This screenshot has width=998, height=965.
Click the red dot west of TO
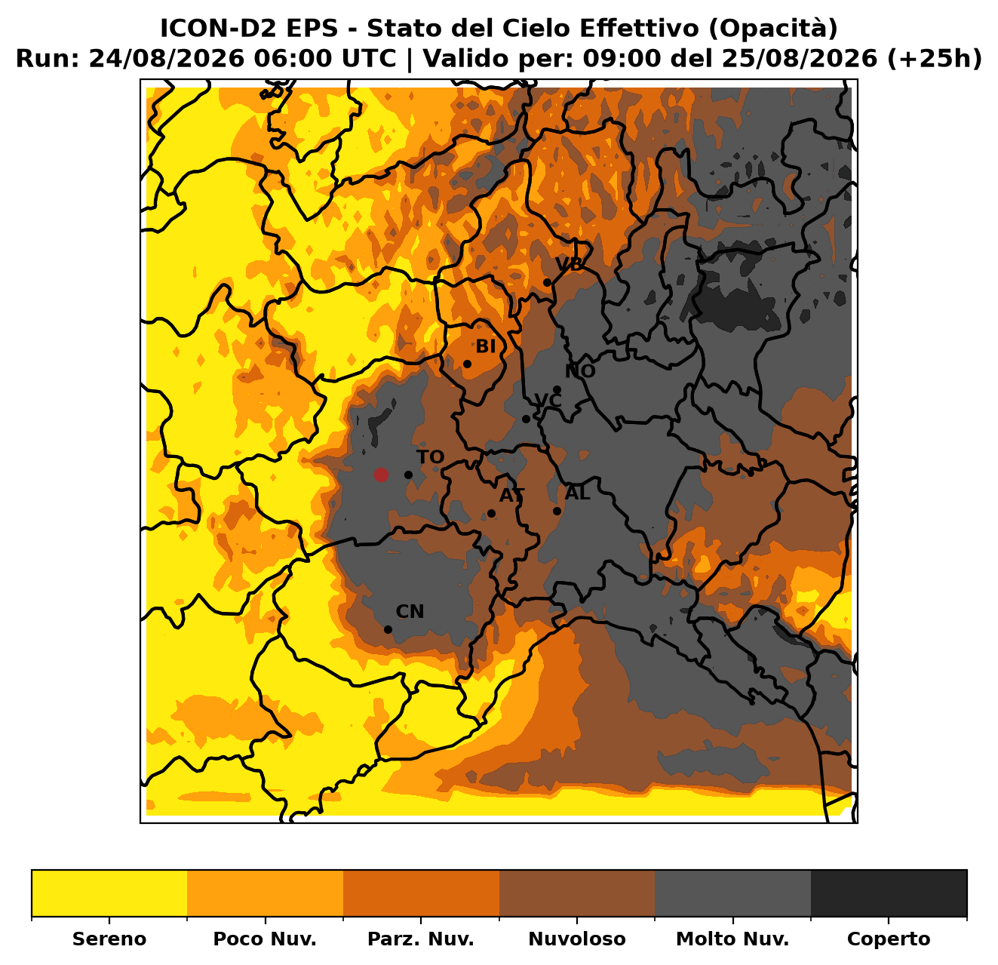pyautogui.click(x=380, y=475)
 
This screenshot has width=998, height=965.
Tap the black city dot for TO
pyautogui.click(x=408, y=475)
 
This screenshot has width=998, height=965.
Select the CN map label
pyautogui.click(x=410, y=611)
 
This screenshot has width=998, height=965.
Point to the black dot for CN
pyautogui.click(x=388, y=629)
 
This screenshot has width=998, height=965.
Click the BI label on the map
pyautogui.click(x=485, y=346)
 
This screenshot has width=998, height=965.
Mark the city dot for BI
pyautogui.click(x=467, y=364)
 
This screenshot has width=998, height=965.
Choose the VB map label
pyautogui.click(x=569, y=264)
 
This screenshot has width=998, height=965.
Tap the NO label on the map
pyautogui.click(x=580, y=371)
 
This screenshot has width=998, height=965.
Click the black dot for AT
pyautogui.click(x=491, y=513)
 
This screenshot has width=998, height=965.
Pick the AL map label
pyautogui.click(x=578, y=493)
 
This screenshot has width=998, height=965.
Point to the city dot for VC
pyautogui.click(x=526, y=419)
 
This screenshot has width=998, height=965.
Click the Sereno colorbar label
pyautogui.click(x=109, y=939)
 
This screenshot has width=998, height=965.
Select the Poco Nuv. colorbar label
pyautogui.click(x=265, y=939)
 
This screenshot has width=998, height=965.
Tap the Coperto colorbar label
pyautogui.click(x=889, y=939)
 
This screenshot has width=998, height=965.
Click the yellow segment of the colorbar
pyautogui.click(x=109, y=893)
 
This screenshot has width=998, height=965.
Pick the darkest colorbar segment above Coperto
pyautogui.click(x=889, y=893)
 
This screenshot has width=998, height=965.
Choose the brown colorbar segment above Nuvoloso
pyautogui.click(x=577, y=893)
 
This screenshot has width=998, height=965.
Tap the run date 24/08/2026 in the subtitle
pyautogui.click(x=167, y=59)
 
